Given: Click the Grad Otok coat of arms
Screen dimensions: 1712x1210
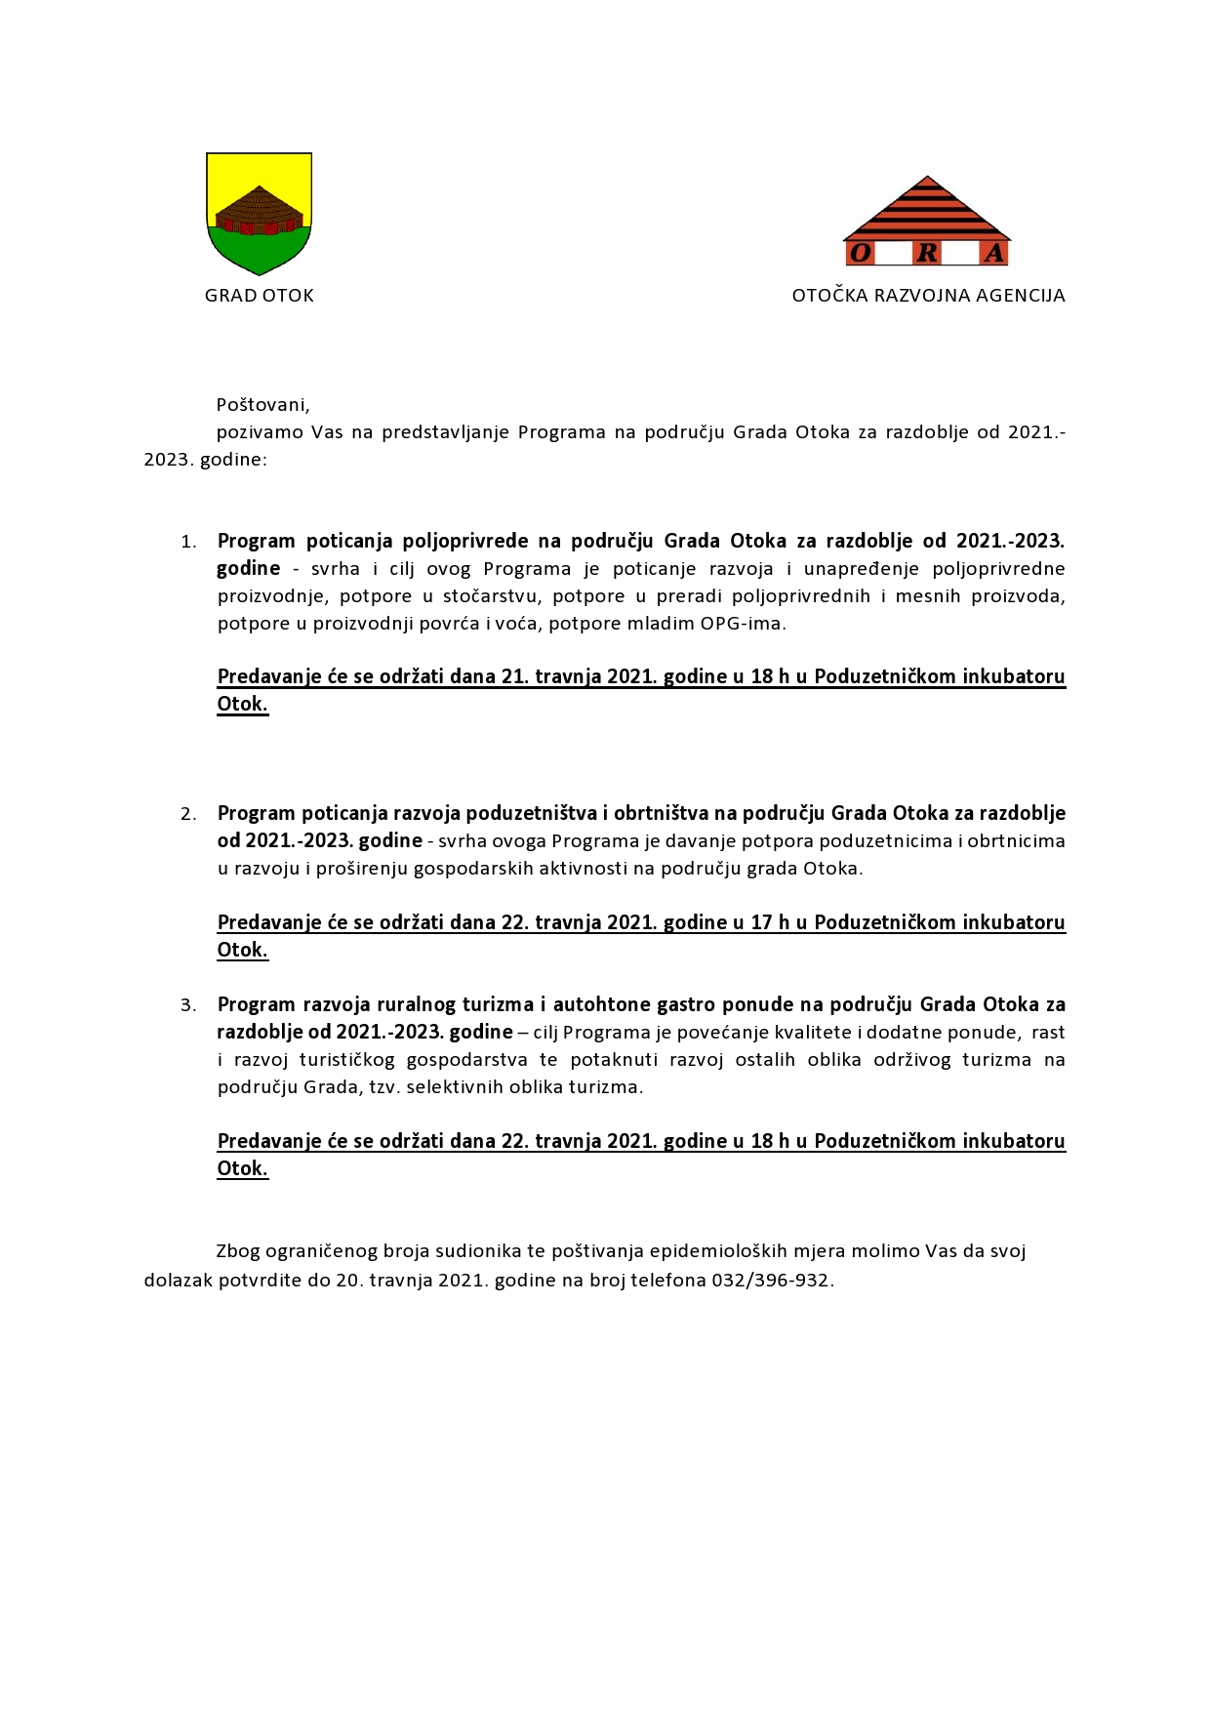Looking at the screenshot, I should pyautogui.click(x=259, y=213).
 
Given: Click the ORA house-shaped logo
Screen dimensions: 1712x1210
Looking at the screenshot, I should pyautogui.click(x=927, y=221).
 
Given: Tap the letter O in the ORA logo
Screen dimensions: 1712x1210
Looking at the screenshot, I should pyautogui.click(x=861, y=254).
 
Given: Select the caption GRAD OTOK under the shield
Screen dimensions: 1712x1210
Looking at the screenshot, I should pyautogui.click(x=260, y=296).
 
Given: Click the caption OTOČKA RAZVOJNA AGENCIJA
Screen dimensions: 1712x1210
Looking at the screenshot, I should pyautogui.click(x=928, y=296).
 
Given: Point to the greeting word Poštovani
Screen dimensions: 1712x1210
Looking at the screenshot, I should pyautogui.click(x=262, y=405).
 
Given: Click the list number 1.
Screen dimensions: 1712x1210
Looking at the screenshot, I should pyautogui.click(x=187, y=542).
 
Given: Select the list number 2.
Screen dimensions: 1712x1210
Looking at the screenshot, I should pyautogui.click(x=187, y=814).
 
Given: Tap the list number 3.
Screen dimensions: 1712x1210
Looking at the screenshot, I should pyautogui.click(x=187, y=1005).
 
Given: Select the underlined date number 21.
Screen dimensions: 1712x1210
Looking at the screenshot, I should pyautogui.click(x=514, y=676).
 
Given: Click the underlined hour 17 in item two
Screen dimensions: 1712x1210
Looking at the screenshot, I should pyautogui.click(x=761, y=922).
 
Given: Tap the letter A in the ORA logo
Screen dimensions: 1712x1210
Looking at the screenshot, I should pyautogui.click(x=993, y=254).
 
